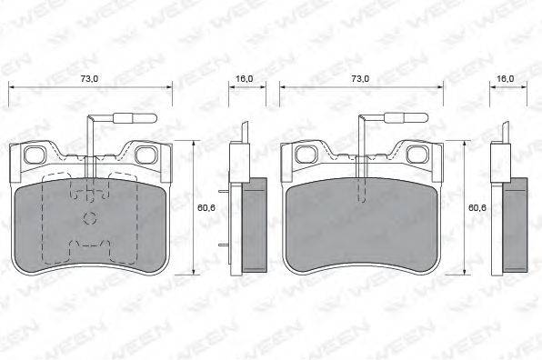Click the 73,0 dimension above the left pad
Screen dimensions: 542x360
(x=89, y=79)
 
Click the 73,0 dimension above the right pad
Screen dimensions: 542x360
(x=360, y=79)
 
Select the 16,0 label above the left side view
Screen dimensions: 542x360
(x=245, y=79)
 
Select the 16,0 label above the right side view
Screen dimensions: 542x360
(x=506, y=79)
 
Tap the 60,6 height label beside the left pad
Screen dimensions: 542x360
(x=206, y=207)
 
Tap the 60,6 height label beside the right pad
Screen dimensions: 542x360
(x=477, y=207)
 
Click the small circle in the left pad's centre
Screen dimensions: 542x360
(x=90, y=217)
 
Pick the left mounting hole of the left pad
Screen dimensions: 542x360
(x=35, y=155)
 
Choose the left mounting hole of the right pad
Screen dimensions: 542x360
(x=306, y=155)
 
